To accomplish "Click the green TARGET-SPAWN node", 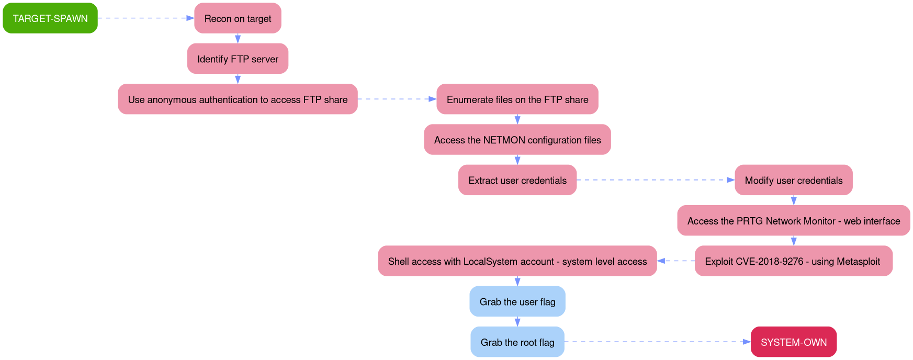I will [x=50, y=18].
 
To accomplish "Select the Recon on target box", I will [x=238, y=18].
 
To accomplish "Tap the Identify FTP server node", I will [x=238, y=59].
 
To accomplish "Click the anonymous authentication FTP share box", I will [x=238, y=99].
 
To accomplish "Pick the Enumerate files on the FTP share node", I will [x=517, y=99].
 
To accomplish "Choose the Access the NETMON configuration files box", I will [x=517, y=140].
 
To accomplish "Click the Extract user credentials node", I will [x=517, y=181].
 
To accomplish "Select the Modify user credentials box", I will [x=793, y=181].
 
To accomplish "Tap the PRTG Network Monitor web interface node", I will [x=793, y=221].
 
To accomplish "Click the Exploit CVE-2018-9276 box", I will [x=793, y=261].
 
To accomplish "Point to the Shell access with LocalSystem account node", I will [x=517, y=261].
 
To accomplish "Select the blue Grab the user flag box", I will [x=517, y=301].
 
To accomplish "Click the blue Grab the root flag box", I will [x=517, y=342].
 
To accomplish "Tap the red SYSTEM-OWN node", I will [x=793, y=342].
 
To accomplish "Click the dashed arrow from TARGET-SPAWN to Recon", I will [x=145, y=18].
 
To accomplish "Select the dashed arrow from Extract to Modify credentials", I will [x=655, y=180].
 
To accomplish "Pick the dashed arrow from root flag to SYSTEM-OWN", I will [x=657, y=342].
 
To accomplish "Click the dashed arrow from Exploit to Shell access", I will [x=676, y=261].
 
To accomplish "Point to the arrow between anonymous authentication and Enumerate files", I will [x=397, y=99].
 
